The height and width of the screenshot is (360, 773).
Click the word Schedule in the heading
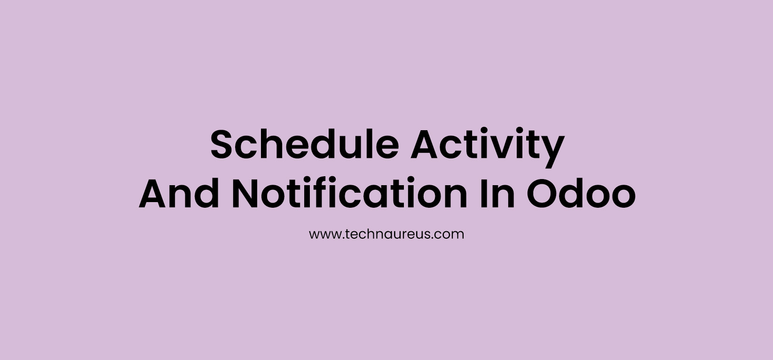pos(304,145)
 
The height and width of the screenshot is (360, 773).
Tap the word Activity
pos(487,145)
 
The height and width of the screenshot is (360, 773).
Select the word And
pos(179,194)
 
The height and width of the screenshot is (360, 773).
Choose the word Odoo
pos(581,194)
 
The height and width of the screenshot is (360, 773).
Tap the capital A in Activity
pos(426,145)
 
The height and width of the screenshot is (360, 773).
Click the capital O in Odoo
pos(543,194)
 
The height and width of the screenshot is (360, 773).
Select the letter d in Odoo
pos(575,194)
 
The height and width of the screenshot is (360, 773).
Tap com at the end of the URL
pos(451,234)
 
